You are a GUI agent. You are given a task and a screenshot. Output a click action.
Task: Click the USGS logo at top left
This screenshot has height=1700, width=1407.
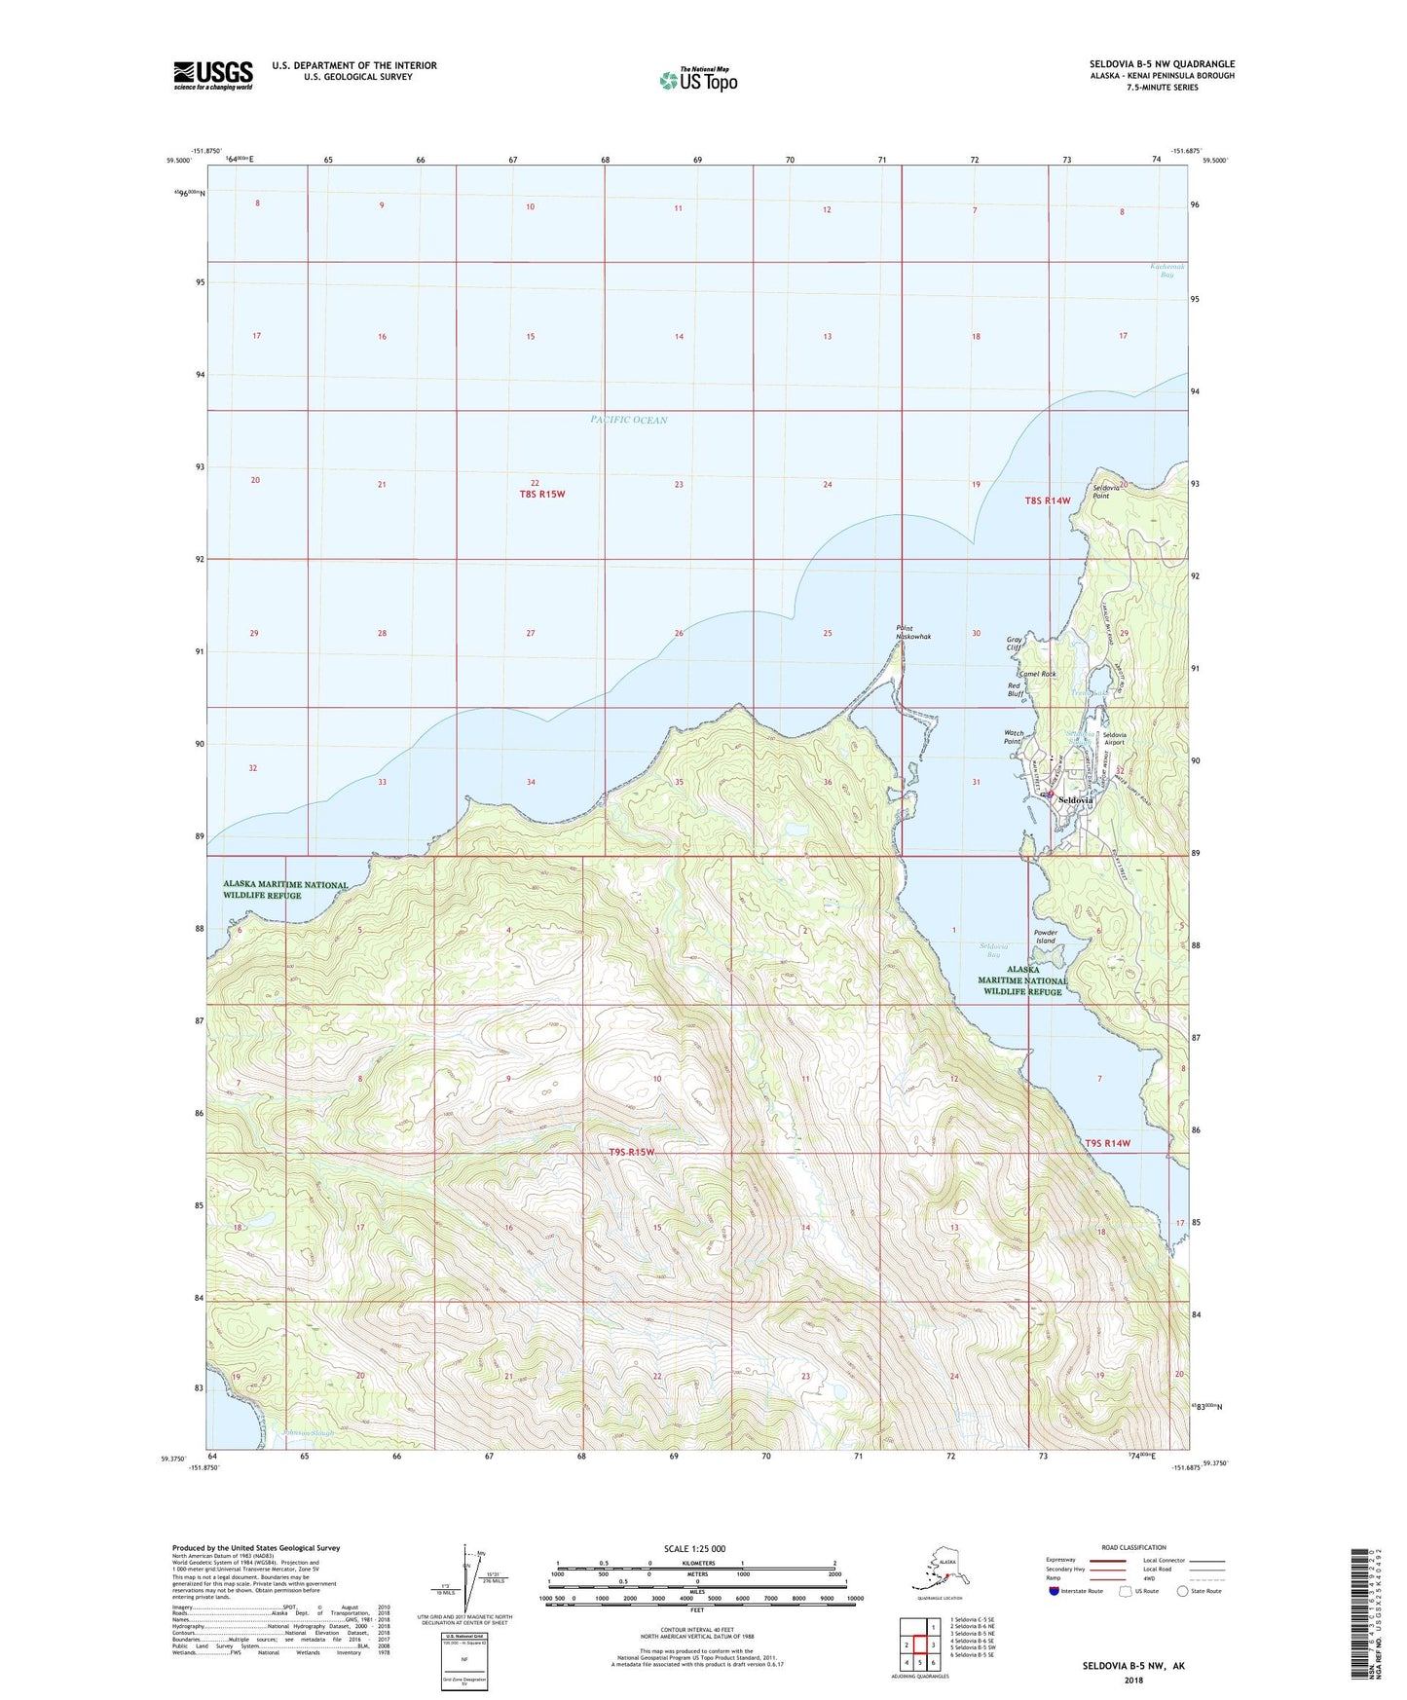point(213,75)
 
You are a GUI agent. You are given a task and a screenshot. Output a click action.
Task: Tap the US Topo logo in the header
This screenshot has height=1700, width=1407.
point(697,80)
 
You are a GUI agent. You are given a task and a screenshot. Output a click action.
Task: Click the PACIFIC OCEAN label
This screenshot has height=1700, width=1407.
point(629,420)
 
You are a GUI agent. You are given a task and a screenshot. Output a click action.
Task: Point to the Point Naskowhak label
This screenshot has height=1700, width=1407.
point(913,632)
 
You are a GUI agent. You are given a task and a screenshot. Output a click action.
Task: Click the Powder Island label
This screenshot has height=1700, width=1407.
point(1046,937)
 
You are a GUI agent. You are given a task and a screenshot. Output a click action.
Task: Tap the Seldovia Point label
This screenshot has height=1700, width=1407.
point(1106,492)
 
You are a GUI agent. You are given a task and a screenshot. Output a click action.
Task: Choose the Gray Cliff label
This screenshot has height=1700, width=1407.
point(1016,644)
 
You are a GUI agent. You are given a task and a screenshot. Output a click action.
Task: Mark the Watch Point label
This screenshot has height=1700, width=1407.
point(1014,737)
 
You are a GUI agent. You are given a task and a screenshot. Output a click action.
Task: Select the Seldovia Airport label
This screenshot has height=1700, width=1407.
point(1114,738)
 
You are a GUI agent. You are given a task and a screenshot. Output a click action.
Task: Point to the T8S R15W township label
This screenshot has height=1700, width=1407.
point(542,494)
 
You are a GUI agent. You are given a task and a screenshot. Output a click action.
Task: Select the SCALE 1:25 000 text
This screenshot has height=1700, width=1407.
point(694,1548)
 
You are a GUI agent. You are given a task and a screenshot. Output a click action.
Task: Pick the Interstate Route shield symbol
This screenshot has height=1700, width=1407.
point(1054,1590)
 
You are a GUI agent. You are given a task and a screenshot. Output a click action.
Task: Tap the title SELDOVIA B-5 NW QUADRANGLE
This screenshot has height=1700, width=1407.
point(1162,64)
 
